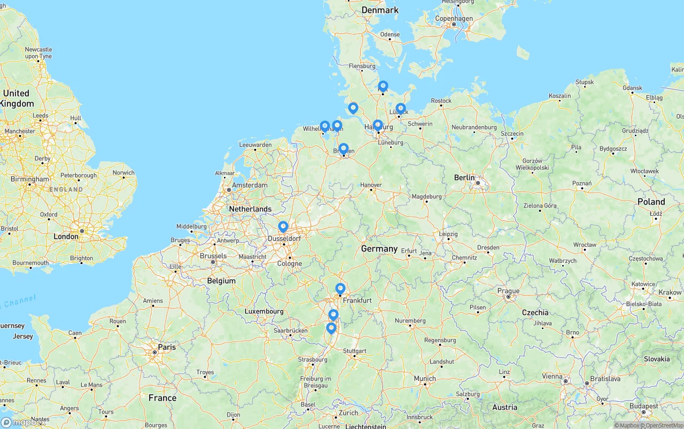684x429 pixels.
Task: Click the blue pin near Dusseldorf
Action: pyautogui.click(x=283, y=227)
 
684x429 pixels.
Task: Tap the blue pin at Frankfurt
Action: pyautogui.click(x=340, y=288)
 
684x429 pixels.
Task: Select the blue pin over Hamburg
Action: pyautogui.click(x=378, y=125)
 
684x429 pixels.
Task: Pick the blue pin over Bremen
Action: pyautogui.click(x=344, y=149)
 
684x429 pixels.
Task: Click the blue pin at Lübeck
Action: pyautogui.click(x=401, y=108)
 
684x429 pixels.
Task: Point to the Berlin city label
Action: pyautogui.click(x=464, y=177)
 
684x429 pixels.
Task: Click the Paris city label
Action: pyautogui.click(x=167, y=347)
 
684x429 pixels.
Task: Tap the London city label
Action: pyautogui.click(x=66, y=236)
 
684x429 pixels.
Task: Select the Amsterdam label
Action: pyautogui.click(x=250, y=185)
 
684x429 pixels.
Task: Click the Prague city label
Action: pyautogui.click(x=508, y=291)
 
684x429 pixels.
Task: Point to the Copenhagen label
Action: pyautogui.click(x=454, y=18)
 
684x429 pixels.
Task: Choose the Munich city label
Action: pyautogui.click(x=425, y=379)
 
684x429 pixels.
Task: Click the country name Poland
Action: pyautogui.click(x=651, y=201)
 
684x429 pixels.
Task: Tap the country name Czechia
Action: pyautogui.click(x=535, y=313)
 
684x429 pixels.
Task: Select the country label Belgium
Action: pyautogui.click(x=221, y=280)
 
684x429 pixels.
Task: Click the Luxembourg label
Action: pyautogui.click(x=264, y=311)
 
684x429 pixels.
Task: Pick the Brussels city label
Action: pyautogui.click(x=213, y=256)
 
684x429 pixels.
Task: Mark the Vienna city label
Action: pyautogui.click(x=552, y=376)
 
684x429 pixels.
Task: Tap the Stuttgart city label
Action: pyautogui.click(x=354, y=351)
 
